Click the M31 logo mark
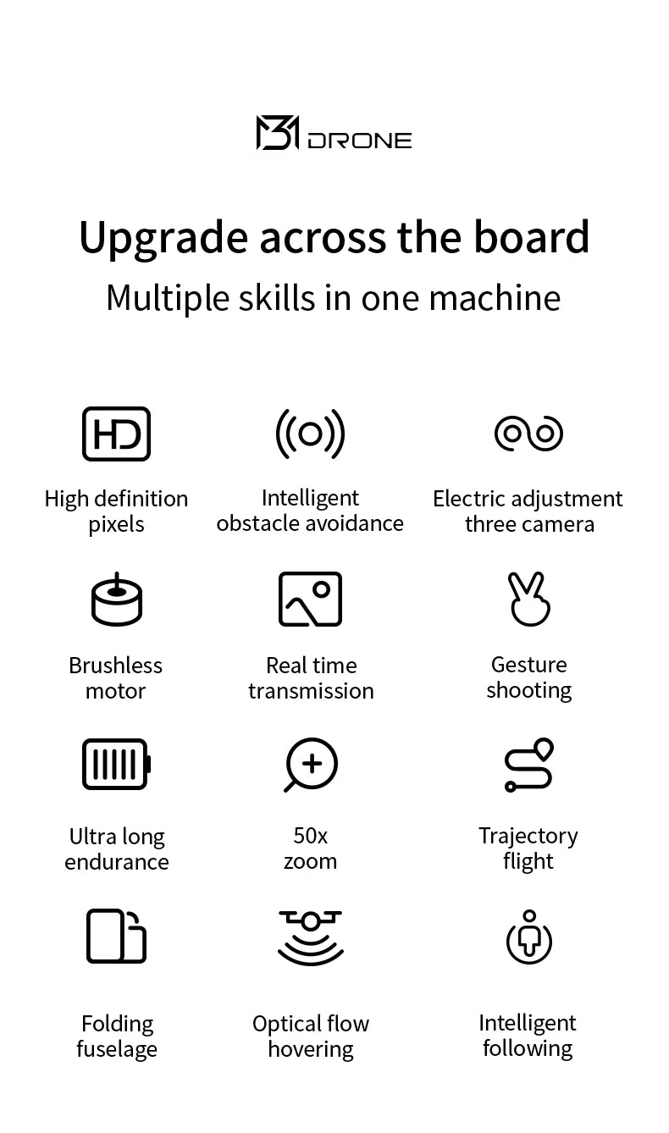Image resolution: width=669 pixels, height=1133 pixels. (x=278, y=132)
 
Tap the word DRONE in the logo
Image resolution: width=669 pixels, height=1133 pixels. (x=360, y=141)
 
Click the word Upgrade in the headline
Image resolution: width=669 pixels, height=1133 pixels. (x=163, y=238)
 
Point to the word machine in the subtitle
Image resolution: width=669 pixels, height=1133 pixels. (x=495, y=298)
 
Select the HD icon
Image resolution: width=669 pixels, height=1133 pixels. (x=116, y=434)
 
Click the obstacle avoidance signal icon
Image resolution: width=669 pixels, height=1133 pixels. (x=310, y=434)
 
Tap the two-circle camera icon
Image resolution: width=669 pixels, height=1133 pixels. (x=528, y=434)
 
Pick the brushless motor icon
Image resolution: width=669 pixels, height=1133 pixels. (x=117, y=600)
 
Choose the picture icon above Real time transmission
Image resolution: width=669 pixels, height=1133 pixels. (x=310, y=599)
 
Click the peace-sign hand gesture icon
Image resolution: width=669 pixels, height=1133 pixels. (x=529, y=600)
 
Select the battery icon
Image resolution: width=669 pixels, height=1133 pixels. (x=117, y=764)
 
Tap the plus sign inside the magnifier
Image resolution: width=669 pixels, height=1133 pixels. (x=312, y=763)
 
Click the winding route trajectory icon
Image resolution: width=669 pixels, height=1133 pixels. (x=529, y=765)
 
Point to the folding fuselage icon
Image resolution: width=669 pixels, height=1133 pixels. (x=116, y=936)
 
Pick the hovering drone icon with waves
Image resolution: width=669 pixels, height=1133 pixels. (x=311, y=937)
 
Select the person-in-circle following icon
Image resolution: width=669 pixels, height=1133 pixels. (x=529, y=937)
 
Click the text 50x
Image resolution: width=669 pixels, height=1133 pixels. (x=311, y=836)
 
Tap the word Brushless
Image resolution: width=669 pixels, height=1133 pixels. (x=116, y=665)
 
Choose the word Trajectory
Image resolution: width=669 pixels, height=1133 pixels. (x=528, y=837)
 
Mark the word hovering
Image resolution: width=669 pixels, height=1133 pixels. (x=311, y=1050)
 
